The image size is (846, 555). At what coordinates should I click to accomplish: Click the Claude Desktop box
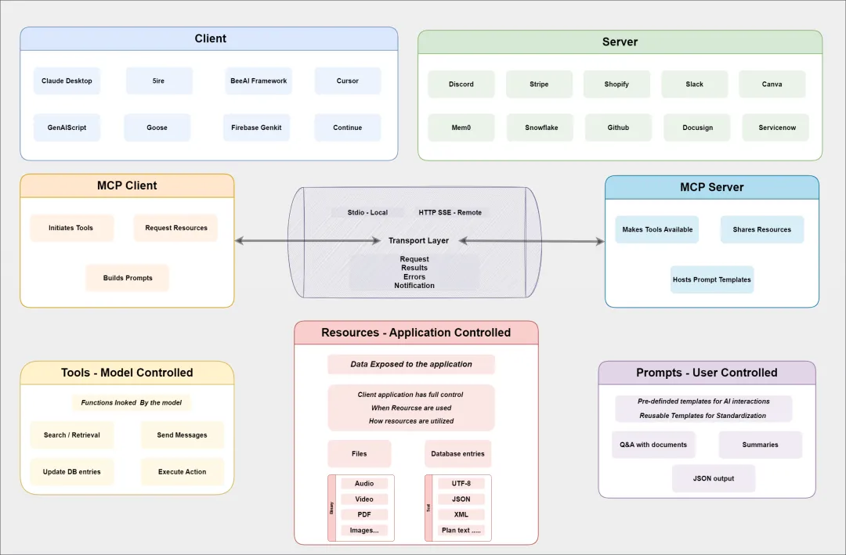tap(67, 81)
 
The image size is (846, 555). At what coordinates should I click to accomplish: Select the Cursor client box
tap(348, 81)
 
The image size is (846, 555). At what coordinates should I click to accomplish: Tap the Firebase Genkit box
tap(256, 128)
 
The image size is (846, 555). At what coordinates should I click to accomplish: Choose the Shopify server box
tap(616, 84)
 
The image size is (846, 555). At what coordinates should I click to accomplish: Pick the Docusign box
tap(697, 128)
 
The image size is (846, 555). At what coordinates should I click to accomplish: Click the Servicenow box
tap(776, 128)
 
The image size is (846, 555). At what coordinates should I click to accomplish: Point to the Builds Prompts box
tap(128, 278)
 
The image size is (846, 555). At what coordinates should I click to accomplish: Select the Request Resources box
tap(176, 228)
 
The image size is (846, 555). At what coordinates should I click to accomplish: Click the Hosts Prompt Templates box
tap(711, 279)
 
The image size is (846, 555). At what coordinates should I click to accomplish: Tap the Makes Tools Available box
tap(657, 229)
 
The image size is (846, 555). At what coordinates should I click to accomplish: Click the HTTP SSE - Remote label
tap(450, 212)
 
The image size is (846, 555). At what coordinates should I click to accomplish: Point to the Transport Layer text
tap(418, 240)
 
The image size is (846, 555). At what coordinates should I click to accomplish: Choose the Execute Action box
tap(182, 472)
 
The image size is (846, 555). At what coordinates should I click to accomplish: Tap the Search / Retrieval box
tap(72, 434)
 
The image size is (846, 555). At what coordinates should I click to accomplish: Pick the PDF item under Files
tap(363, 514)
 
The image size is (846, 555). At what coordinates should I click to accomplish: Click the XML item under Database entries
tap(461, 514)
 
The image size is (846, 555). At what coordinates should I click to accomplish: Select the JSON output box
tap(713, 478)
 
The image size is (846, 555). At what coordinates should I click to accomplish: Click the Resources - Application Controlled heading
tap(416, 333)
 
